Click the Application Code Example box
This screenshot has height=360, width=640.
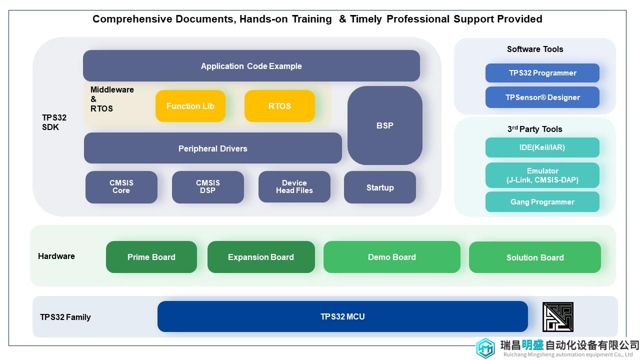click(x=251, y=65)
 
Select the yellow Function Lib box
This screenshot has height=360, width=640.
click(x=190, y=106)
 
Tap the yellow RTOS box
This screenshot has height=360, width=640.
click(x=279, y=106)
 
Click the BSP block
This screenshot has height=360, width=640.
click(x=385, y=125)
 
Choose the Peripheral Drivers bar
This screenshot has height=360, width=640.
click(x=213, y=148)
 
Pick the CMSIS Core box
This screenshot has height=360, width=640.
click(x=121, y=187)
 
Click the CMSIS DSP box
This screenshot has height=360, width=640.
click(x=208, y=187)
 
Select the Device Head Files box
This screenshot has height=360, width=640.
click(x=294, y=187)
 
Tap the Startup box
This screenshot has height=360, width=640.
click(x=380, y=187)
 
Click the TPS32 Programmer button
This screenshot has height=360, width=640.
click(x=542, y=73)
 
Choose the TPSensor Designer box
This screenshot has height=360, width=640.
click(x=542, y=97)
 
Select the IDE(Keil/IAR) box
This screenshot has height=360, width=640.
click(x=542, y=147)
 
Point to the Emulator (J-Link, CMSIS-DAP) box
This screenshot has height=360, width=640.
click(x=542, y=175)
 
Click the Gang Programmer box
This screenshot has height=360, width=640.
click(x=542, y=201)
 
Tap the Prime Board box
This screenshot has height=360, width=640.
click(x=151, y=257)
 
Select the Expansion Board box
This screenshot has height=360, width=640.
click(x=261, y=257)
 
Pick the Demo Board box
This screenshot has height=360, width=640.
click(x=392, y=257)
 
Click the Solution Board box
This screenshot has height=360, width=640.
click(x=535, y=257)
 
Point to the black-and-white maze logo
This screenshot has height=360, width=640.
click(x=558, y=317)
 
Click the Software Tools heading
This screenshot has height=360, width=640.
click(x=535, y=49)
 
